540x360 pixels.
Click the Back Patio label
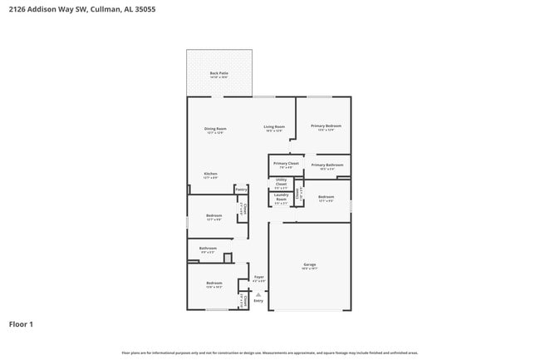[218, 73]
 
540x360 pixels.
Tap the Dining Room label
[215, 128]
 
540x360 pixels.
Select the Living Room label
[274, 126]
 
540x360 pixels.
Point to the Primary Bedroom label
[326, 126]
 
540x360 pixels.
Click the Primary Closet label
[286, 163]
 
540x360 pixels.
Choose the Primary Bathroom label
[327, 165]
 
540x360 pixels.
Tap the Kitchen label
[210, 173]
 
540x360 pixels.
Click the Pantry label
[241, 188]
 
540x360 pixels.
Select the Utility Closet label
[281, 180]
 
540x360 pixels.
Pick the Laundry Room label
[281, 198]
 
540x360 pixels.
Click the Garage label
[309, 264]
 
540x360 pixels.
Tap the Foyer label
[258, 277]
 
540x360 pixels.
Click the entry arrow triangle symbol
[258, 293]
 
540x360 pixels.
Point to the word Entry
[258, 300]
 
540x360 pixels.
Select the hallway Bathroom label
[208, 248]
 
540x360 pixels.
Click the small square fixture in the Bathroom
[227, 258]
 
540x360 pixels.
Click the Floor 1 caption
[21, 323]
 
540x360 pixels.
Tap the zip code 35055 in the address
[141, 9]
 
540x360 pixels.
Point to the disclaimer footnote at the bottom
[269, 353]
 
